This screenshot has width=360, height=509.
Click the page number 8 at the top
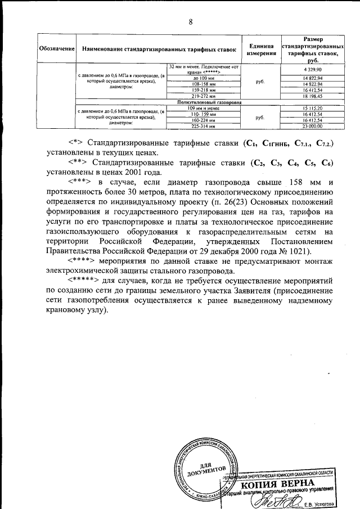coord(191,22)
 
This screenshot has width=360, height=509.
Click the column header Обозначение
coord(57,50)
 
